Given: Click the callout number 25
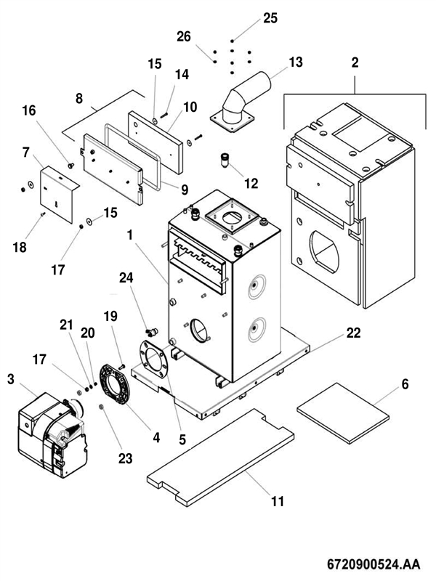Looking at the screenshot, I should [270, 18].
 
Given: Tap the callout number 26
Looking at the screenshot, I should [184, 36].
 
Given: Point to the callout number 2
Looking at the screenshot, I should [355, 62].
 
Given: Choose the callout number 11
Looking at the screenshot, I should [278, 501].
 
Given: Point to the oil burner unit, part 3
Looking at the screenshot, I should [47, 428].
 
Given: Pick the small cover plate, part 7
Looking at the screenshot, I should [58, 193].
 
